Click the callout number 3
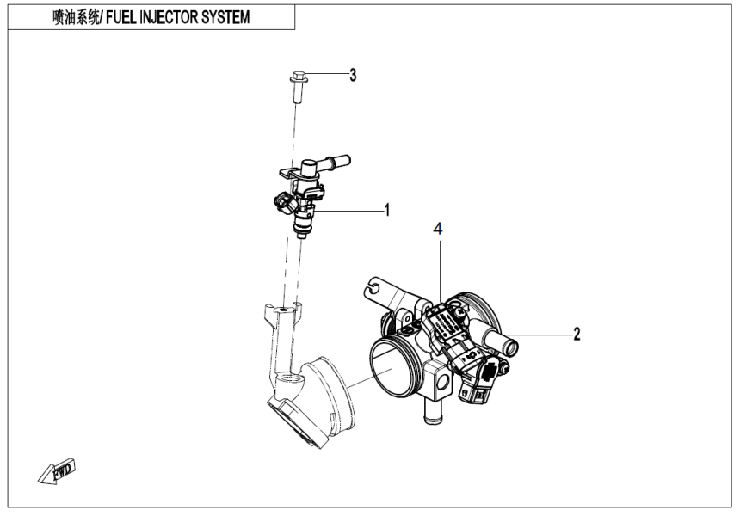click(x=352, y=75)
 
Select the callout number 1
click(x=388, y=210)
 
